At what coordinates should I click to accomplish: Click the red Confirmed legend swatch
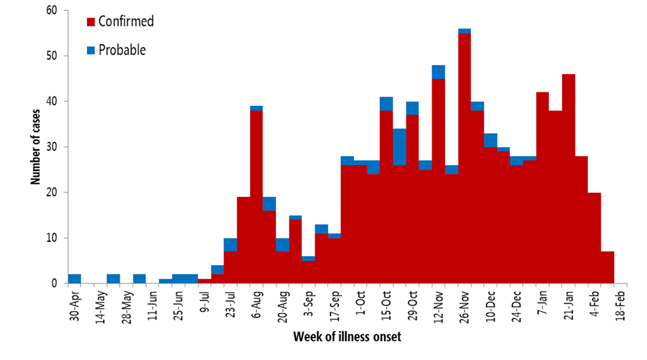90,22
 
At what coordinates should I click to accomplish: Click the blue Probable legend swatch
90,50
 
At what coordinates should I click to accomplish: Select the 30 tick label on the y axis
52,147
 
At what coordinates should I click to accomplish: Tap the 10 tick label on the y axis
52,238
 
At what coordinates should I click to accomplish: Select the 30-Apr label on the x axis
75,306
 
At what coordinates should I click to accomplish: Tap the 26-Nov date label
464,306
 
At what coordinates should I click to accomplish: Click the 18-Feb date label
620,306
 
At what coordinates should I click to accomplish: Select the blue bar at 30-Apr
75,278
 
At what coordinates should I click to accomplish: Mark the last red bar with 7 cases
608,268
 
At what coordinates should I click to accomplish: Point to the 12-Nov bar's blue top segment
438,71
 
